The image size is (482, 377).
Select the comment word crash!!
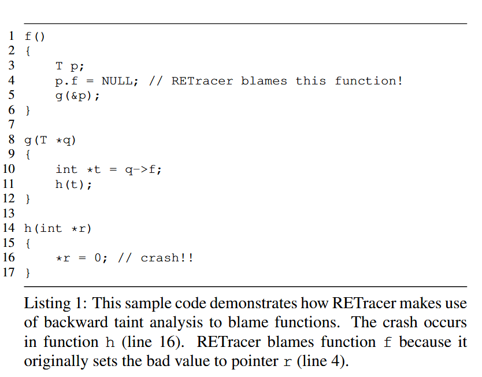coord(167,258)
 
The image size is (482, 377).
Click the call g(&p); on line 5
coord(77,95)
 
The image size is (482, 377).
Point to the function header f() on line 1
coord(35,36)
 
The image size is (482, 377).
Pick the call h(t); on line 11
coord(73,184)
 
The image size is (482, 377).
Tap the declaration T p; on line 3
coord(69,66)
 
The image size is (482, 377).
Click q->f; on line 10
coord(144,169)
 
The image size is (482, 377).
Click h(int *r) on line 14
coord(58,228)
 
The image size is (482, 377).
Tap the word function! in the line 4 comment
coord(369,81)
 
